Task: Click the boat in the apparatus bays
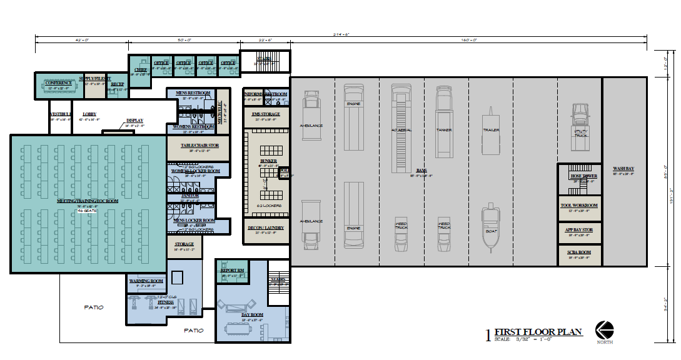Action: pyautogui.click(x=490, y=227)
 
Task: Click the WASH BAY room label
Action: pyautogui.click(x=623, y=169)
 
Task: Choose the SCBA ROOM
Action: pyautogui.click(x=579, y=254)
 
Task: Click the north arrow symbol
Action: pyautogui.click(x=603, y=329)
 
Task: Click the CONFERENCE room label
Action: pyautogui.click(x=58, y=82)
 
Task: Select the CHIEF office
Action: pyautogui.click(x=141, y=70)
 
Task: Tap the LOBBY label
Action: pyautogui.click(x=89, y=114)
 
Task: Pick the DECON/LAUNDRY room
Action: pyautogui.click(x=266, y=227)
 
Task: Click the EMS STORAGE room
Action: pyautogui.click(x=266, y=114)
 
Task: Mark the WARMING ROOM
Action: pyautogui.click(x=146, y=282)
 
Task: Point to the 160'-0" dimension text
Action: pyautogui.click(x=469, y=39)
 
